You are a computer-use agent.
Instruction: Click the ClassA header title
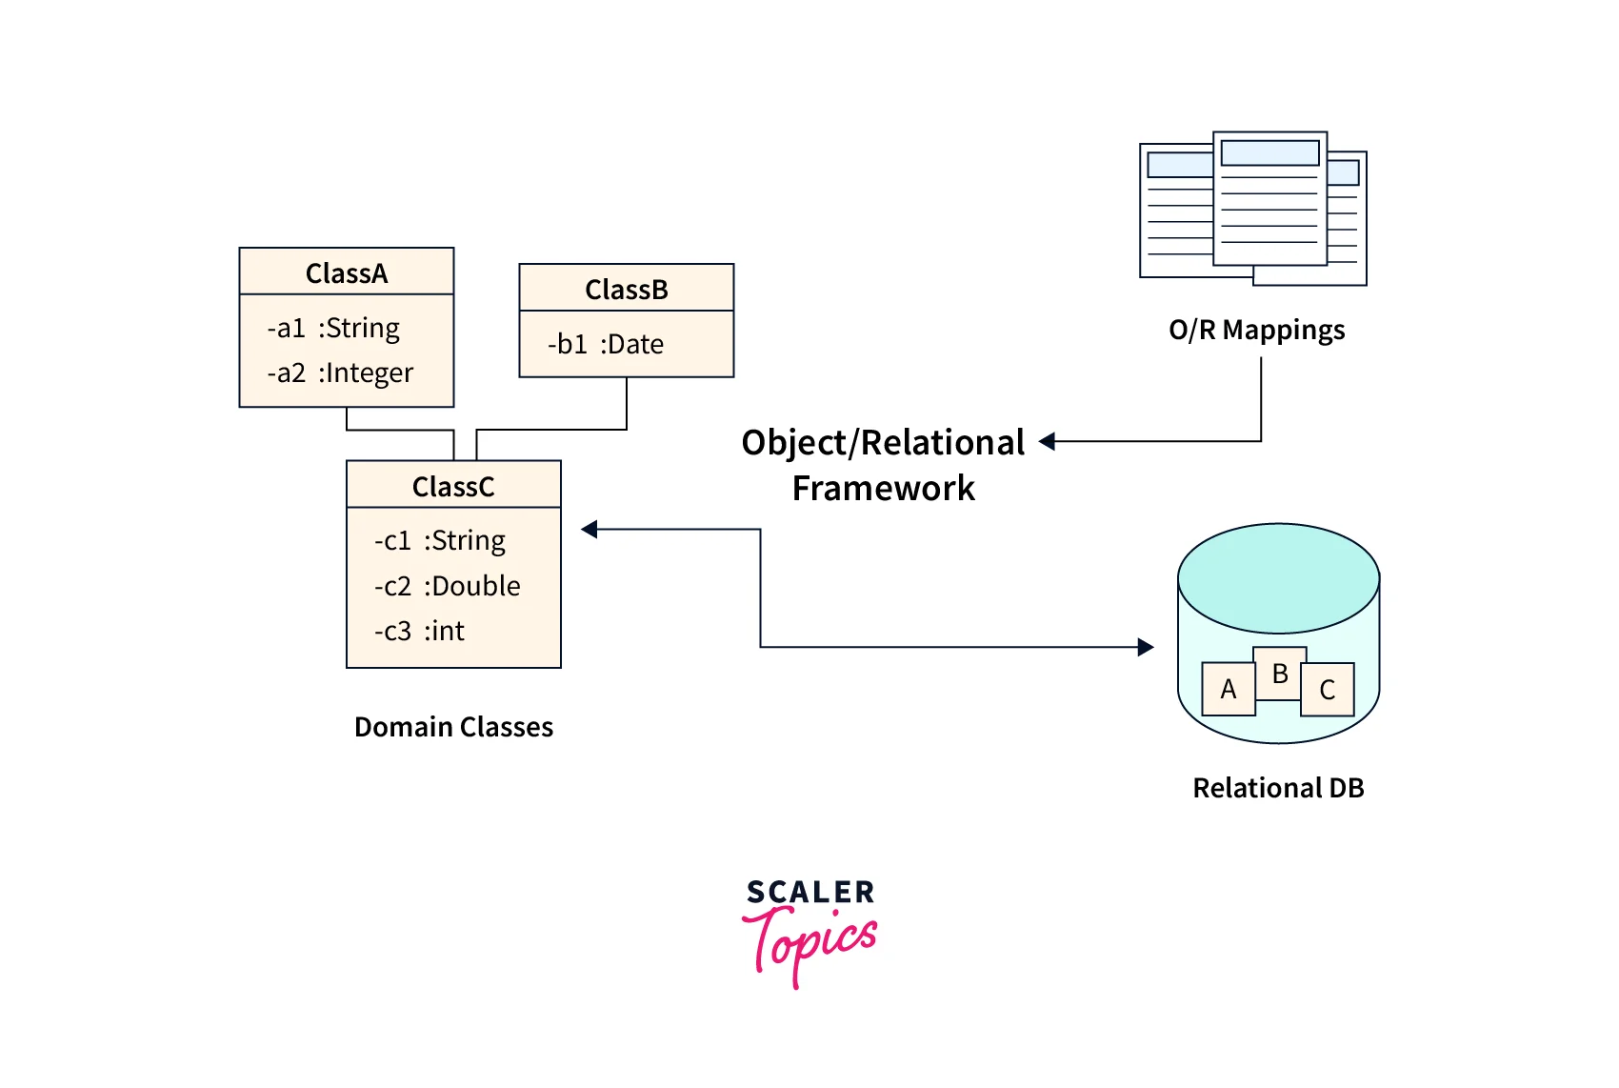tap(347, 273)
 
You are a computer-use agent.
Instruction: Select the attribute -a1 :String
tap(333, 328)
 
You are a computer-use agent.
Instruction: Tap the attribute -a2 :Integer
tap(340, 373)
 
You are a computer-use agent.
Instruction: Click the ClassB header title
tap(627, 290)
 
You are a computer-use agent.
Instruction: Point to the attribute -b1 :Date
tap(606, 344)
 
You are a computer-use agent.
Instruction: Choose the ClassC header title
tap(453, 487)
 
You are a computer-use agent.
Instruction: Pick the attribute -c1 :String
tap(440, 540)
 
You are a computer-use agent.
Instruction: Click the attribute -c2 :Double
tap(448, 586)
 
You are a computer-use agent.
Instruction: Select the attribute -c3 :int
tap(420, 631)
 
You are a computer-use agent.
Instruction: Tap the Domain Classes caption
tap(453, 727)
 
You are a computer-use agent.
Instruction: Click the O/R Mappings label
tap(1256, 330)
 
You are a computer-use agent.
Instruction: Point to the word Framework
tap(884, 488)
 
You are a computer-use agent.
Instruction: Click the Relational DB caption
tap(1278, 788)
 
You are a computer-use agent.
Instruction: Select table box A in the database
tap(1228, 689)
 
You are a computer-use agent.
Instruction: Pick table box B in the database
tap(1279, 673)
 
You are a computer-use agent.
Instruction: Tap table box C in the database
tap(1328, 690)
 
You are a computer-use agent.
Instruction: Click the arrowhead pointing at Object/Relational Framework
tap(1048, 441)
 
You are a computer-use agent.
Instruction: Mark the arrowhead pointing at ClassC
tap(590, 530)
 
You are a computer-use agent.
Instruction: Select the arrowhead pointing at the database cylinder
tap(1146, 648)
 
